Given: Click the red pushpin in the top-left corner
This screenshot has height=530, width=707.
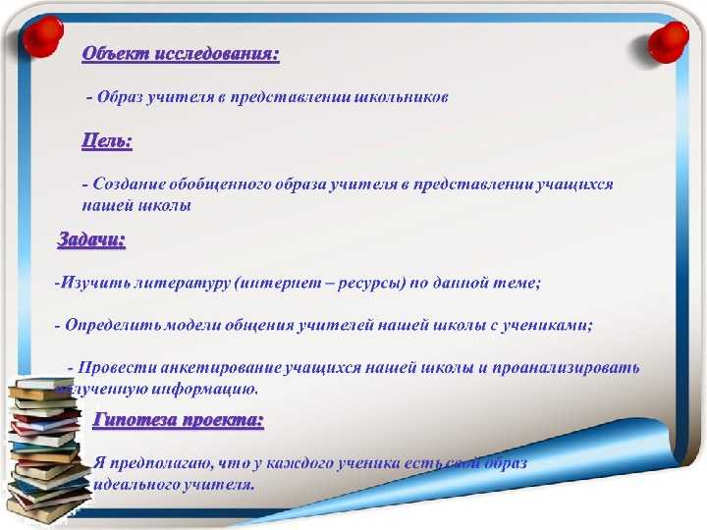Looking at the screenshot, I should click(42, 36).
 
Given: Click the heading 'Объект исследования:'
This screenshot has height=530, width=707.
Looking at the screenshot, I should click(180, 54).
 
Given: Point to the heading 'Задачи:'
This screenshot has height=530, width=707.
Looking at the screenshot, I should click(91, 238).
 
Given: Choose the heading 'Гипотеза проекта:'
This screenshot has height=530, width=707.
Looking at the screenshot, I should click(178, 421).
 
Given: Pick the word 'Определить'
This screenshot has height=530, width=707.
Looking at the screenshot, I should click(105, 326).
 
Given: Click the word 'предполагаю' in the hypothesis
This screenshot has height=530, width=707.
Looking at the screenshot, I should click(161, 462).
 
